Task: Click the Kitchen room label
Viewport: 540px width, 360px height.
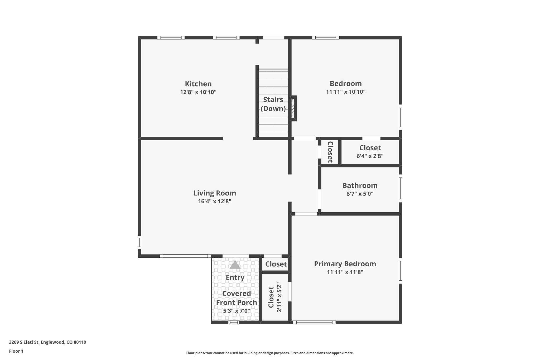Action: (198, 84)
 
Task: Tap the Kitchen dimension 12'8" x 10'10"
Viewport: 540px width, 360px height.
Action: (198, 92)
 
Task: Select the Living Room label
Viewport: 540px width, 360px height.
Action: (214, 193)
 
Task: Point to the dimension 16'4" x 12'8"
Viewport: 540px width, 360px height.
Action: (214, 201)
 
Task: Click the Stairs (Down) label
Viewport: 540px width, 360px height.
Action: (273, 104)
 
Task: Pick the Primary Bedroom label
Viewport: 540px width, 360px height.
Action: (345, 264)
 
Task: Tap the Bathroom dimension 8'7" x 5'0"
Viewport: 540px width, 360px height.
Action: (360, 194)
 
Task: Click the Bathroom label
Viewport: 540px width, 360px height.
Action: (360, 185)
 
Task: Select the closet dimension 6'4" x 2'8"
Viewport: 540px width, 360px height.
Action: (370, 156)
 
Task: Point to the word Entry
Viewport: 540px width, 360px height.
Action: (235, 277)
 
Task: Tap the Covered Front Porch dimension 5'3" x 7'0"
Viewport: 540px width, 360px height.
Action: (237, 311)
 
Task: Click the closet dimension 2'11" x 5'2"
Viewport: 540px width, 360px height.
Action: (279, 297)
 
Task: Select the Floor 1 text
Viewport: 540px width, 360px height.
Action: (16, 351)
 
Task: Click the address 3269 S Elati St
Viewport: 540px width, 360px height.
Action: (47, 342)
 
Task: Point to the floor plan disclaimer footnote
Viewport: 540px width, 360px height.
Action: (270, 353)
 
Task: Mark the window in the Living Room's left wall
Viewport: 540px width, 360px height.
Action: (139, 242)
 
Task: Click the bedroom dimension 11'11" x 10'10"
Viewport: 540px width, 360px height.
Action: (345, 92)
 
